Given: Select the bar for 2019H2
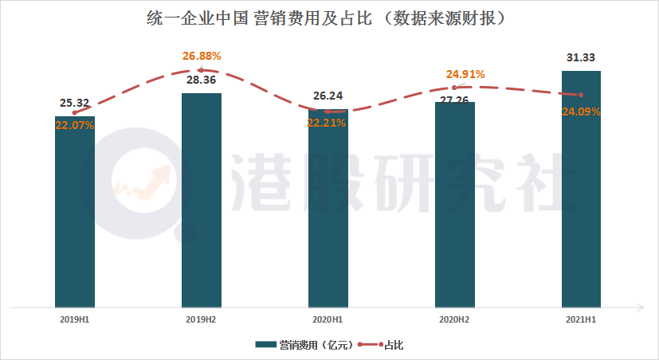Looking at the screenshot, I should (x=202, y=199).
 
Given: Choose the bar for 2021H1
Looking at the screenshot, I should (x=581, y=188).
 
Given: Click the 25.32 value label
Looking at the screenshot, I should (x=75, y=103).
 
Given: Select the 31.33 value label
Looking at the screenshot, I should (x=581, y=57).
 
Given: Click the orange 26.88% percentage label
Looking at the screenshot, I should (x=202, y=56).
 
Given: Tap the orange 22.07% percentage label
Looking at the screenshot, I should (x=75, y=125).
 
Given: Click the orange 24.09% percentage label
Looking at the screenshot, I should (x=581, y=112).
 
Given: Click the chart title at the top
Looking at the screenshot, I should (x=330, y=17).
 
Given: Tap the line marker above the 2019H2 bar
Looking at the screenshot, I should (x=202, y=70).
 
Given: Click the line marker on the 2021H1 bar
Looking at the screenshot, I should (x=581, y=95).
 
